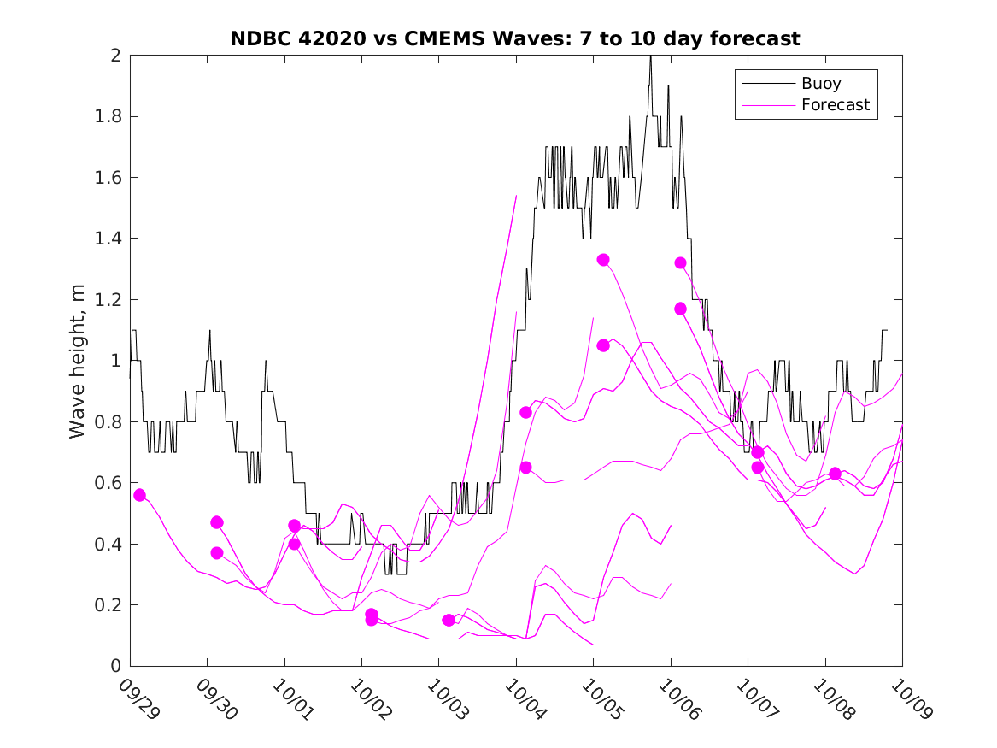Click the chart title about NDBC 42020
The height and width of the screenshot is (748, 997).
coord(514,38)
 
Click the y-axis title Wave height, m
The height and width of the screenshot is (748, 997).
coord(78,360)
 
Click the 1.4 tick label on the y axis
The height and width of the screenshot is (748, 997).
coord(108,239)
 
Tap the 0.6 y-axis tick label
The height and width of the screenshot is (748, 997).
coord(108,483)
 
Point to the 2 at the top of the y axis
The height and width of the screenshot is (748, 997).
coord(114,56)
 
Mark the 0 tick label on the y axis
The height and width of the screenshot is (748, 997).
coord(114,666)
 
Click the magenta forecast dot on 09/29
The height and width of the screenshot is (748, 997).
coord(139,495)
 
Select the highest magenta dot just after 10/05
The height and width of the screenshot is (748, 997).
coord(603,260)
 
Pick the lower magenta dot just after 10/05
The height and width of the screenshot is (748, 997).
coord(603,345)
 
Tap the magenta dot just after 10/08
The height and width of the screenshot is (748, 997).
coord(835,474)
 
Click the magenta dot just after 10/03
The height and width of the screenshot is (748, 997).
coord(449,620)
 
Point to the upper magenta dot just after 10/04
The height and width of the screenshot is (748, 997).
coord(525,412)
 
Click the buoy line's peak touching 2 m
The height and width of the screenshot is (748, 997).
coord(650,57)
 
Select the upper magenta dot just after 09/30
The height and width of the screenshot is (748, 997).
coord(217,522)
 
